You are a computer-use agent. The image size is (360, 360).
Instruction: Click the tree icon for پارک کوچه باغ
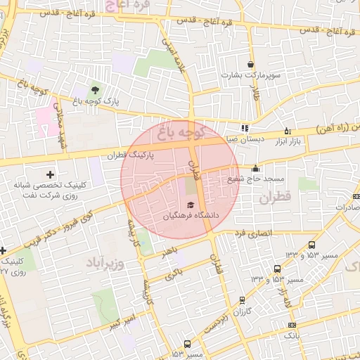point(95,89)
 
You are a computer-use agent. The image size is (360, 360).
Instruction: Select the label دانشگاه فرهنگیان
point(192,216)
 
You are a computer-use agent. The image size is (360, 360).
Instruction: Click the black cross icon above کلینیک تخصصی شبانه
point(49,174)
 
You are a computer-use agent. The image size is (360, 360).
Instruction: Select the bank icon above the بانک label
point(292,325)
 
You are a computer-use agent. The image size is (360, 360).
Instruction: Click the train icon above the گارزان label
point(243,300)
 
